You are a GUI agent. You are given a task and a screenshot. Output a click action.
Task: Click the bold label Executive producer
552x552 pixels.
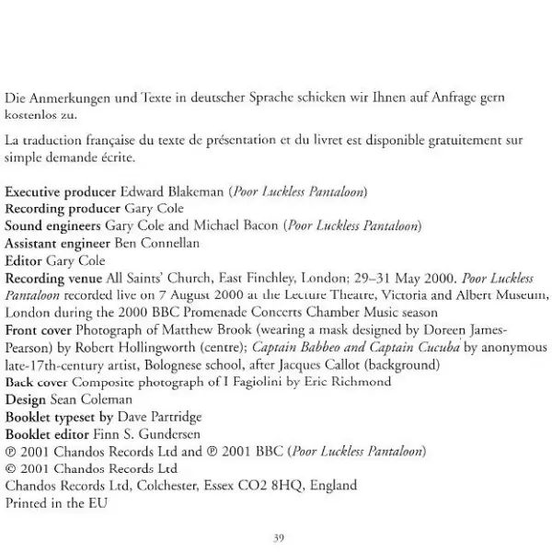click(61, 191)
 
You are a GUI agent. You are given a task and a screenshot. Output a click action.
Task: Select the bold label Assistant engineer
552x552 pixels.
click(57, 243)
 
